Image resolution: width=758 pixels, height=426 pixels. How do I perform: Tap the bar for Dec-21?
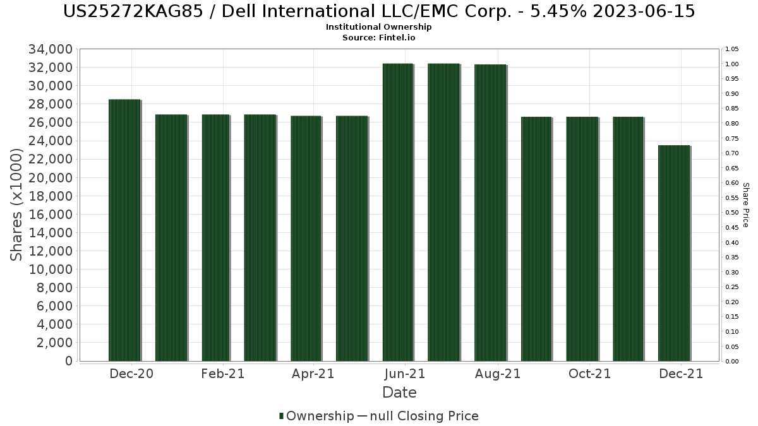673,253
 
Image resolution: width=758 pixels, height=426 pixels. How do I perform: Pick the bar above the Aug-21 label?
490,213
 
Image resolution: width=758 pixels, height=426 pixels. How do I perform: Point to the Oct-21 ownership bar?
582,239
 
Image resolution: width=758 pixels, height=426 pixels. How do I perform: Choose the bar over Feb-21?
216,238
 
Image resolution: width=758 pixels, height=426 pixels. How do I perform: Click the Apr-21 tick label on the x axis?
313,374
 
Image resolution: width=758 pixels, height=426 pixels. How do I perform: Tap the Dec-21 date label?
681,374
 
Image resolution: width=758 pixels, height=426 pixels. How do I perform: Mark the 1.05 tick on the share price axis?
732,49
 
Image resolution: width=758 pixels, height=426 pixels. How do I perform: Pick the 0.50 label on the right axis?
732,213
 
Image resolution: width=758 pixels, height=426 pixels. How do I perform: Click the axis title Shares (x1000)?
17,204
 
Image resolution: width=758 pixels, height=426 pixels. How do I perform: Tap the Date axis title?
399,393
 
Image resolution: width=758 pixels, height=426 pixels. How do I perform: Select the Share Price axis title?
745,204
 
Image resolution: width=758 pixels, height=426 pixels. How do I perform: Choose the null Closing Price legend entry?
418,416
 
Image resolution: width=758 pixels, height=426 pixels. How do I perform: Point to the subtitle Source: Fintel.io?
379,37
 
